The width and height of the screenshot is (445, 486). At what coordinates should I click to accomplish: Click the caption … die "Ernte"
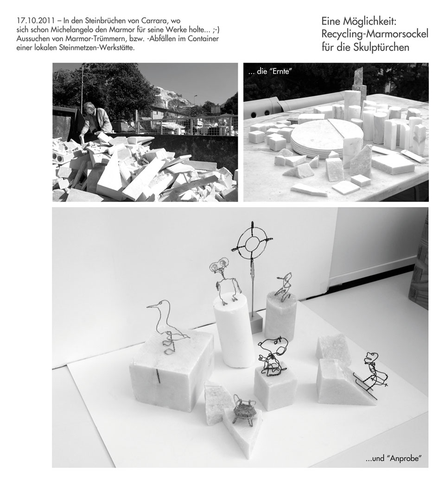(269, 72)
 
